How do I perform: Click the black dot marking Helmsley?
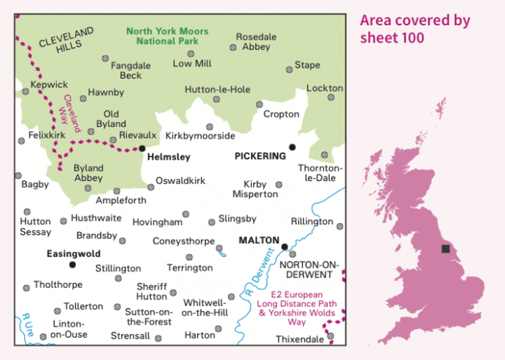pyautogui.click(x=142, y=148)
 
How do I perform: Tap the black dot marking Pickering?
pyautogui.click(x=292, y=147)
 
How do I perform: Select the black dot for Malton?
pyautogui.click(x=285, y=246)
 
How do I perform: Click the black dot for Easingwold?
pyautogui.click(x=72, y=265)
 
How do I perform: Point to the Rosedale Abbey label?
pyautogui.click(x=256, y=42)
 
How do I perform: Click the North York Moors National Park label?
pyautogui.click(x=162, y=35)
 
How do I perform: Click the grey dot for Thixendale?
pyautogui.click(x=330, y=336)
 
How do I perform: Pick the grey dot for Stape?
pyautogui.click(x=289, y=69)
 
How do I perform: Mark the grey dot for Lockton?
pyautogui.click(x=331, y=97)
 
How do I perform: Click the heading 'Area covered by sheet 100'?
pyautogui.click(x=415, y=28)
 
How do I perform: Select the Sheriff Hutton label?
pyautogui.click(x=151, y=291)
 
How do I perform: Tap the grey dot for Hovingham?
pyautogui.click(x=186, y=214)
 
